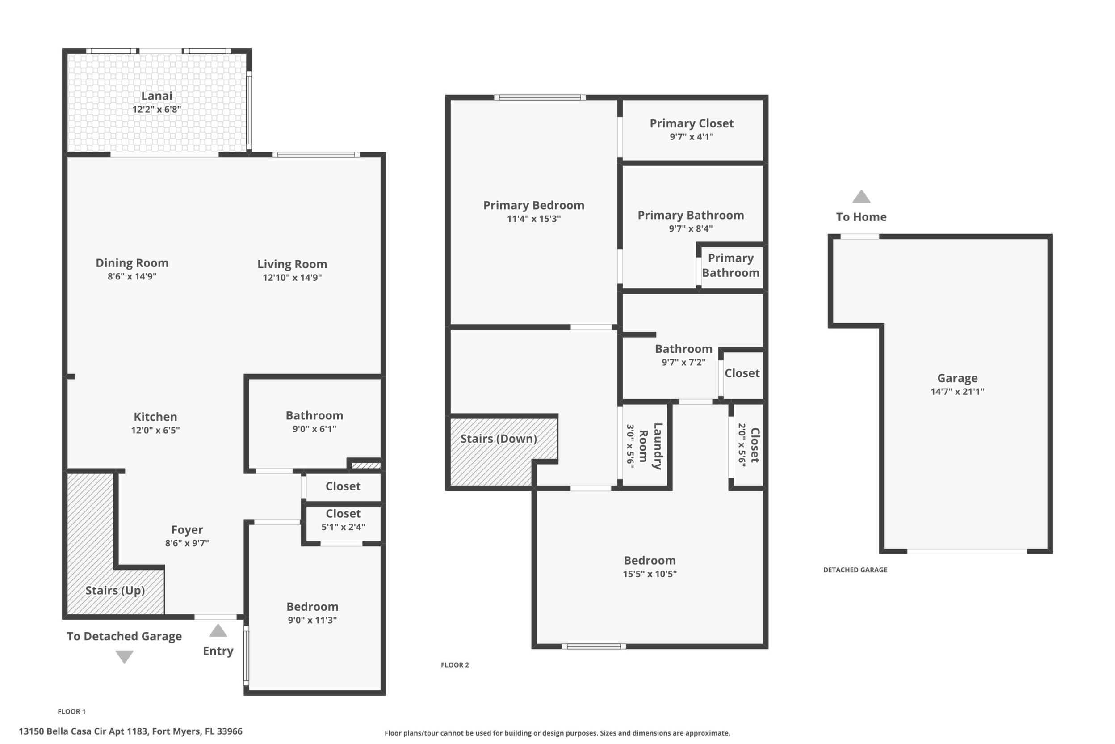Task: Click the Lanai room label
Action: coord(156,96)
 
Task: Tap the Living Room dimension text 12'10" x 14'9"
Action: coord(292,278)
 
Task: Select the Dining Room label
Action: coord(132,263)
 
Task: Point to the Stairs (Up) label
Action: coord(115,590)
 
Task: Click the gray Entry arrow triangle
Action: coord(218,630)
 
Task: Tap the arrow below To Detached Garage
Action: coord(124,657)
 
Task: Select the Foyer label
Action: coord(187,529)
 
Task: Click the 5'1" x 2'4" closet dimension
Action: coord(343,527)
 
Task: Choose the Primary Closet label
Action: coord(692,123)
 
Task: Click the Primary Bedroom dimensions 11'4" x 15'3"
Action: coord(534,219)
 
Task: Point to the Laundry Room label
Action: coord(650,446)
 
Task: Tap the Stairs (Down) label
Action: coord(499,439)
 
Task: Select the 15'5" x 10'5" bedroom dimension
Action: coord(650,574)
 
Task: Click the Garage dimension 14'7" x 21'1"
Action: coord(957,392)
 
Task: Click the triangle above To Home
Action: coord(861,196)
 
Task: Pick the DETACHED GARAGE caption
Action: coord(855,570)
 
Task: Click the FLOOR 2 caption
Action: coord(455,665)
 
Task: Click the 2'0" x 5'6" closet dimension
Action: coord(742,445)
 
